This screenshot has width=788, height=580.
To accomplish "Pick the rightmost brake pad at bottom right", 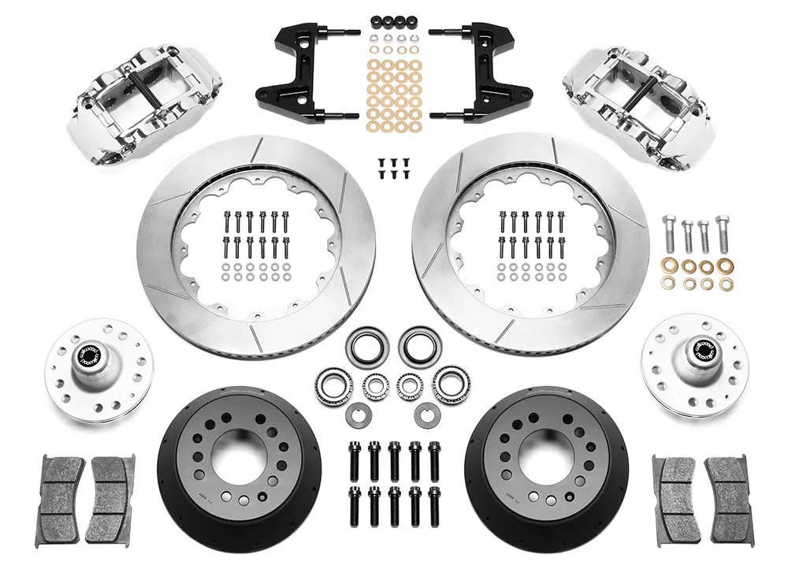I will [x=728, y=500].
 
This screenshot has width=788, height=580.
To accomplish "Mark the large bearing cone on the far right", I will [x=450, y=383].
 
